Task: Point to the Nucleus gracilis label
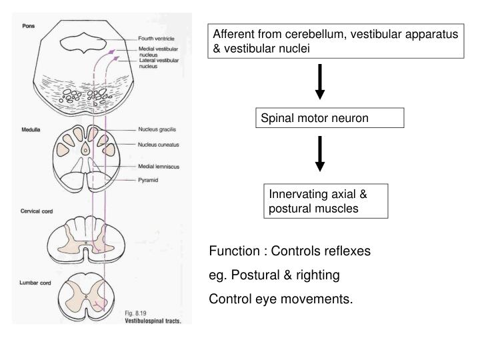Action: click(x=156, y=129)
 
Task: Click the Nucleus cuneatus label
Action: click(x=157, y=144)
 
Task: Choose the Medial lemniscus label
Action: click(x=157, y=167)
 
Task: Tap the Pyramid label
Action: click(x=148, y=180)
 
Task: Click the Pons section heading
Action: click(x=29, y=26)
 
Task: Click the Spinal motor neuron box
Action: click(x=331, y=118)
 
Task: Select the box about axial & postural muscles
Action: click(x=325, y=201)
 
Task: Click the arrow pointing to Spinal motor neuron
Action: click(x=320, y=81)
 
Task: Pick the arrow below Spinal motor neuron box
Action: click(x=320, y=154)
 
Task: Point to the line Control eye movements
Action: click(x=281, y=299)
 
